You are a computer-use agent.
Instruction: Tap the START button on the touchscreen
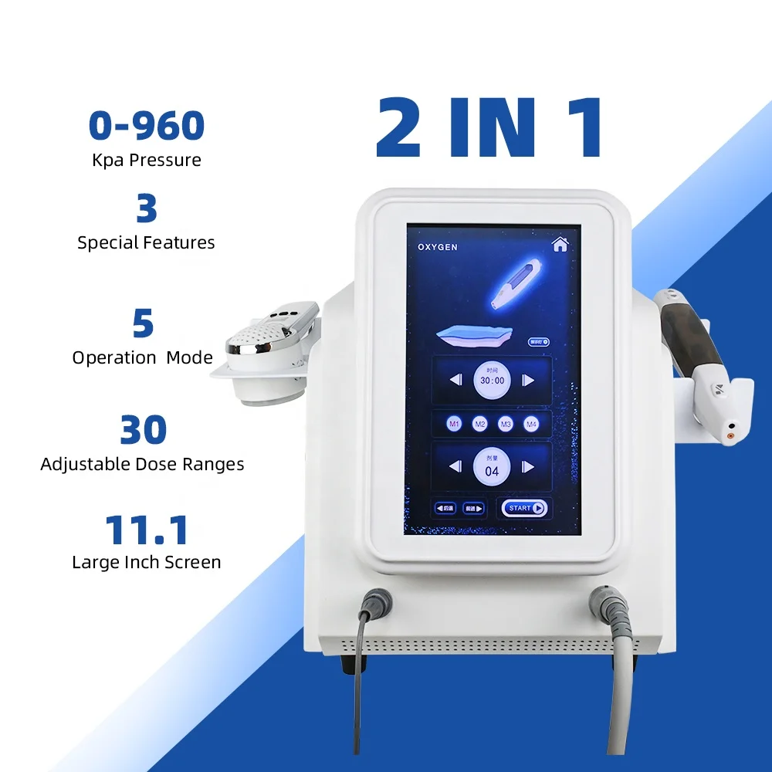click(x=524, y=508)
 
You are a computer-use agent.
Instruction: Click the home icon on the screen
click(x=560, y=244)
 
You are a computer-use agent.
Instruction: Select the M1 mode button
click(x=455, y=424)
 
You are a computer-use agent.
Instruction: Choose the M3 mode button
click(x=506, y=424)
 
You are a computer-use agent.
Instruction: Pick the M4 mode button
click(x=531, y=424)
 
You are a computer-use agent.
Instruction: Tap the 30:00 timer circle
click(x=493, y=380)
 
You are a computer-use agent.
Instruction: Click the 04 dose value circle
click(x=492, y=466)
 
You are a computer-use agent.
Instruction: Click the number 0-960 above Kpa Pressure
click(x=147, y=125)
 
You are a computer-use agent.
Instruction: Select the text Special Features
click(x=146, y=242)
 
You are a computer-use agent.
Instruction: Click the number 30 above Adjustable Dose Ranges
click(x=143, y=430)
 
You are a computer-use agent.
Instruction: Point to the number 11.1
click(x=147, y=530)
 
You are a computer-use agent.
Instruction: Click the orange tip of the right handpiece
click(x=728, y=437)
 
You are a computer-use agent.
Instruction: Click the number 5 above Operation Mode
click(x=143, y=324)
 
